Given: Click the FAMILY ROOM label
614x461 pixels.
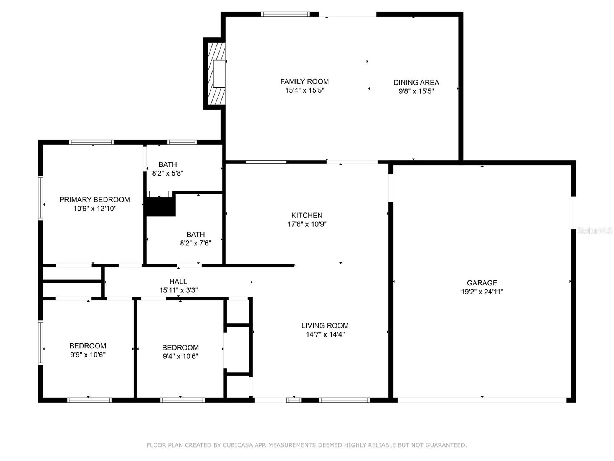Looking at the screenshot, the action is [x=305, y=81].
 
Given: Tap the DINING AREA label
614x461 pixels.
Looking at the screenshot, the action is [x=416, y=82].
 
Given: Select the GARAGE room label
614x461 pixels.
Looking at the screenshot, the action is [x=482, y=283].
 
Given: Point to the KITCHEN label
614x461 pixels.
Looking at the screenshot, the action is [x=307, y=215].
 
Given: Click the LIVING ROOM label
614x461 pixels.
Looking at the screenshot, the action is [x=325, y=325].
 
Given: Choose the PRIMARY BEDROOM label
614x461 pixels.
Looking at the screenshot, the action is [x=94, y=199].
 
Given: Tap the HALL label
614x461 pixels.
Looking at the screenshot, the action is [x=178, y=281].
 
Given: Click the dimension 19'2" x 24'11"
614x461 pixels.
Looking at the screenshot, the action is [x=482, y=292].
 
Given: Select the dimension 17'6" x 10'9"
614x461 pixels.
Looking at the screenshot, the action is [x=307, y=224].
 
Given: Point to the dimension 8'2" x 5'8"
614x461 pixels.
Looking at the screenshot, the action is [x=168, y=173].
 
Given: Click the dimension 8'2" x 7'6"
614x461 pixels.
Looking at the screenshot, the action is [x=196, y=243].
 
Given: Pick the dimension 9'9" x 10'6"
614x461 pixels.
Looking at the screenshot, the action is [x=88, y=355].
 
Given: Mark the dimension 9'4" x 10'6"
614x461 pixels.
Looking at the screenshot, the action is [x=180, y=357].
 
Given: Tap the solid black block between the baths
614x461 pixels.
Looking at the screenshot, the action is [x=161, y=207].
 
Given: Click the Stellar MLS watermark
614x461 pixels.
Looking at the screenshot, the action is [x=595, y=230].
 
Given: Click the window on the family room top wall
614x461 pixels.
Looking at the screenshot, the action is [x=286, y=14].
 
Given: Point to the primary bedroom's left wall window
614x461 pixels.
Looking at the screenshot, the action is [x=41, y=198].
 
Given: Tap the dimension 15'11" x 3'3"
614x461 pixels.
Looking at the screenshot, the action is [x=178, y=290].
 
